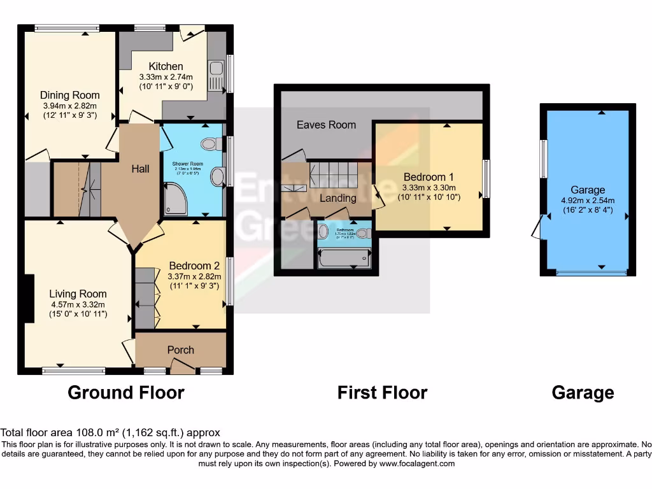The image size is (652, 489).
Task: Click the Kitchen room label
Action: pos(166,66)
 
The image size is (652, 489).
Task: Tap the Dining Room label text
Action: pos(70,96)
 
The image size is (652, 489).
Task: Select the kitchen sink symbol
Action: pos(215,76)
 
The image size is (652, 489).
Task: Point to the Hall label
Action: pos(140,169)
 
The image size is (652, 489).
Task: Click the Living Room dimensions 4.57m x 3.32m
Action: pos(78,304)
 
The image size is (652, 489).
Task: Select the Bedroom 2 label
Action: pos(194,266)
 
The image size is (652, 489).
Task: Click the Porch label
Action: pos(181,350)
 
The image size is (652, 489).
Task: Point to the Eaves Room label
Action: pos(326,125)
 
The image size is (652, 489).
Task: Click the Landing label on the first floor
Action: pos(337,198)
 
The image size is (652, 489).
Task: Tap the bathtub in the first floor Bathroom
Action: pos(344,258)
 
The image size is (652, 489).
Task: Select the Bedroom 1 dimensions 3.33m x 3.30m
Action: pos(429,188)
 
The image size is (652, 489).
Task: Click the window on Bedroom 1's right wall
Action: pos(486,179)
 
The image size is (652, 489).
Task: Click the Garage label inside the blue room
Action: pos(588,190)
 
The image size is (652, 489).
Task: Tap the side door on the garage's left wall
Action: pos(539,227)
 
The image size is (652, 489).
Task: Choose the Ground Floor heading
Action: pos(125,392)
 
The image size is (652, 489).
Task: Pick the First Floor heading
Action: pos(382,392)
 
